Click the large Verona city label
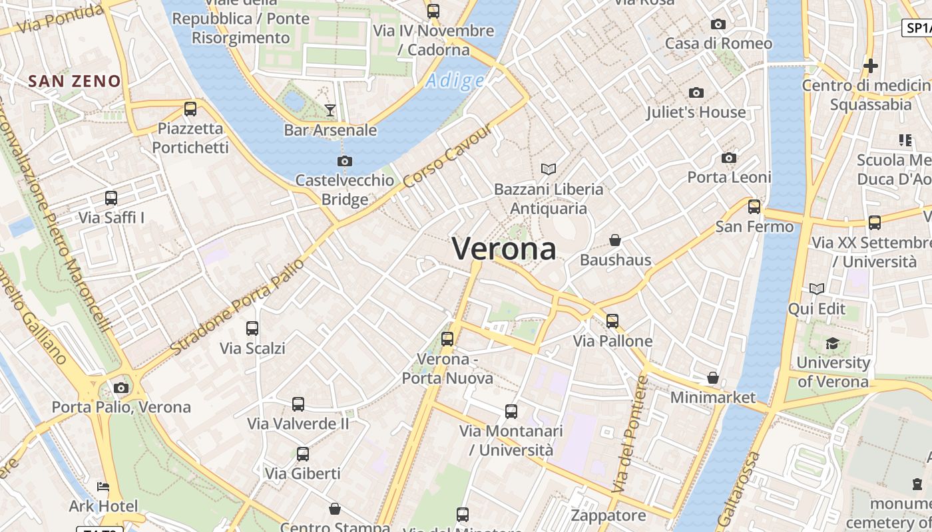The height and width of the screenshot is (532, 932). [x=504, y=249]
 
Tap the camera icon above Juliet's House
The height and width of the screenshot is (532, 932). [x=696, y=92]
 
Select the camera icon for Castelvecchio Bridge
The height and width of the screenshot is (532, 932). [x=344, y=161]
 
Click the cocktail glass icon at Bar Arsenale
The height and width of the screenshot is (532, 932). [x=330, y=110]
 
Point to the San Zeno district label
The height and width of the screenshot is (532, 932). [x=75, y=81]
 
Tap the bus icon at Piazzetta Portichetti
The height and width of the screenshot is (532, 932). [x=190, y=109]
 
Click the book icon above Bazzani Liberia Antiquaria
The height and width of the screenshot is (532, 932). [x=549, y=170]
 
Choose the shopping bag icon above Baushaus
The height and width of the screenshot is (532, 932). [x=615, y=239]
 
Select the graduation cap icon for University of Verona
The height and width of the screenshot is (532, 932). [x=832, y=343]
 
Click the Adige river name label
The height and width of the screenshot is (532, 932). [x=455, y=81]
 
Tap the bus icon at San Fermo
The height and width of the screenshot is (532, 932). [x=754, y=207]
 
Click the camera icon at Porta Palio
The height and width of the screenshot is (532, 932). [x=121, y=388]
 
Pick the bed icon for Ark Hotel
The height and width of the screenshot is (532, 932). [x=103, y=487]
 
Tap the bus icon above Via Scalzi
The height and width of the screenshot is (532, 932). [x=252, y=328]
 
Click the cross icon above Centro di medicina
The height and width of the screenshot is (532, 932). [x=870, y=66]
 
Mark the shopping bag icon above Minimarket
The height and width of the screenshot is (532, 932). [x=713, y=378]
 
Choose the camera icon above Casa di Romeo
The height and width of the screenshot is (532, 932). [x=718, y=25]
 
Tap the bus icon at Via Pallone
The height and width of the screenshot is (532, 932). [x=612, y=321]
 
